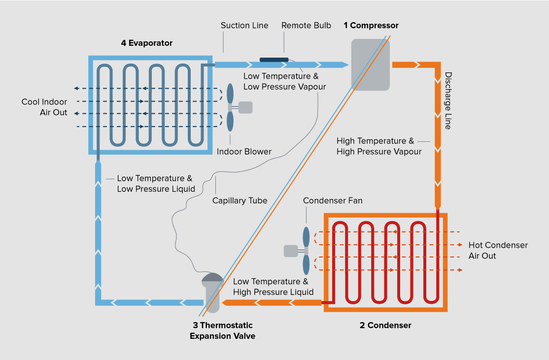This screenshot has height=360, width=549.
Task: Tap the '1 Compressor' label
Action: point(371,26)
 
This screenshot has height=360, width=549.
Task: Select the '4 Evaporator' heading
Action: point(147,43)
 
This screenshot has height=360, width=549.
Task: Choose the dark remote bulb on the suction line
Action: point(274,60)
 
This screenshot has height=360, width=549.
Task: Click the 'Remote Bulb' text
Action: point(306,26)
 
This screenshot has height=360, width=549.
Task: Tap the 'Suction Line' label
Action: point(244,26)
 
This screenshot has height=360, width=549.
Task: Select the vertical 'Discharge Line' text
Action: point(448,101)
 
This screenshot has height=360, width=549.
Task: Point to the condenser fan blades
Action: point(307,251)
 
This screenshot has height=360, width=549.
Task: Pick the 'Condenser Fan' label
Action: point(333,201)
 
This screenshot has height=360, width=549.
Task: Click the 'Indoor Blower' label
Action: point(244,152)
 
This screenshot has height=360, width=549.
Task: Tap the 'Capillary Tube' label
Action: point(240,201)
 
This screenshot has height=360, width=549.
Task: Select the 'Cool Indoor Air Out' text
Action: point(44,107)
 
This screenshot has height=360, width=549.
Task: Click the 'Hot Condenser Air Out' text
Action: point(498,251)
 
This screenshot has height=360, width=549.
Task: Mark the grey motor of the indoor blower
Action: point(245,107)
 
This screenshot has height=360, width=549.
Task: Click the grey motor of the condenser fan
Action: point(291,251)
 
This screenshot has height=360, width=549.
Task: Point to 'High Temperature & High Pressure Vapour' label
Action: point(379,147)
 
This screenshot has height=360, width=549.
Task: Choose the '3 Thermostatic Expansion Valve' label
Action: point(222,330)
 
